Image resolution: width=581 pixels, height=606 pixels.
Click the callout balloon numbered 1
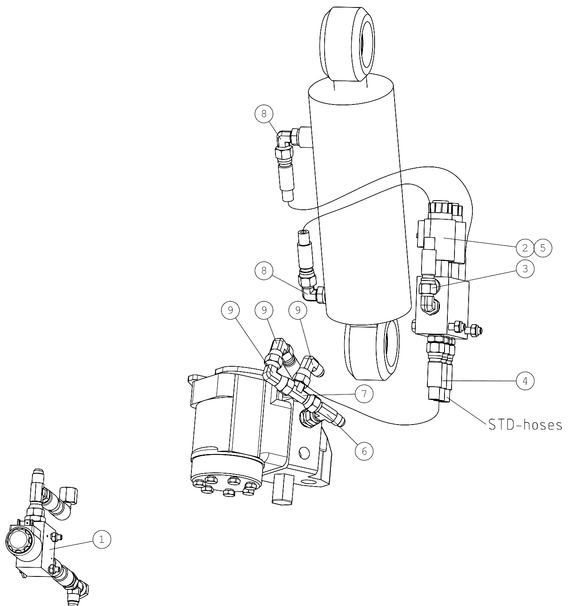[x=102, y=539]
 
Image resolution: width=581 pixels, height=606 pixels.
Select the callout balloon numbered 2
[x=525, y=248]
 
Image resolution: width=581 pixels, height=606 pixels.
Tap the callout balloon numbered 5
[x=543, y=248]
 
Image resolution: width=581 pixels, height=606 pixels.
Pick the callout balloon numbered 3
[x=525, y=269]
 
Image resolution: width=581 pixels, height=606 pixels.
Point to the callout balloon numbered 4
[x=525, y=380]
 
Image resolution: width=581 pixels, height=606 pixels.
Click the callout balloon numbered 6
[x=364, y=451]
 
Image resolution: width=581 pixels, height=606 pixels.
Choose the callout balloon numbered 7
[x=364, y=394]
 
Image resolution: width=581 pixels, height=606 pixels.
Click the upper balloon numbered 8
[x=264, y=114]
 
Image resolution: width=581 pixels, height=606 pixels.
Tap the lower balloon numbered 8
[x=264, y=271]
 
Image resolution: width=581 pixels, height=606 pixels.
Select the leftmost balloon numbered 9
[x=231, y=310]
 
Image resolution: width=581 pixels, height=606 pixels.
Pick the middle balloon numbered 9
[x=264, y=310]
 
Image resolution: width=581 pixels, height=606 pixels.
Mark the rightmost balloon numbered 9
[x=298, y=310]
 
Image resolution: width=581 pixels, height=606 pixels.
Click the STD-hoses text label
[x=525, y=425]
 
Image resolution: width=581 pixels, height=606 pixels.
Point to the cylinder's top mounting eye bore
[x=367, y=44]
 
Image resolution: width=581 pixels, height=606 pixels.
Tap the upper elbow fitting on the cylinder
[x=285, y=139]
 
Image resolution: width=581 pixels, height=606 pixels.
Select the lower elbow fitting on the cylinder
[x=310, y=293]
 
